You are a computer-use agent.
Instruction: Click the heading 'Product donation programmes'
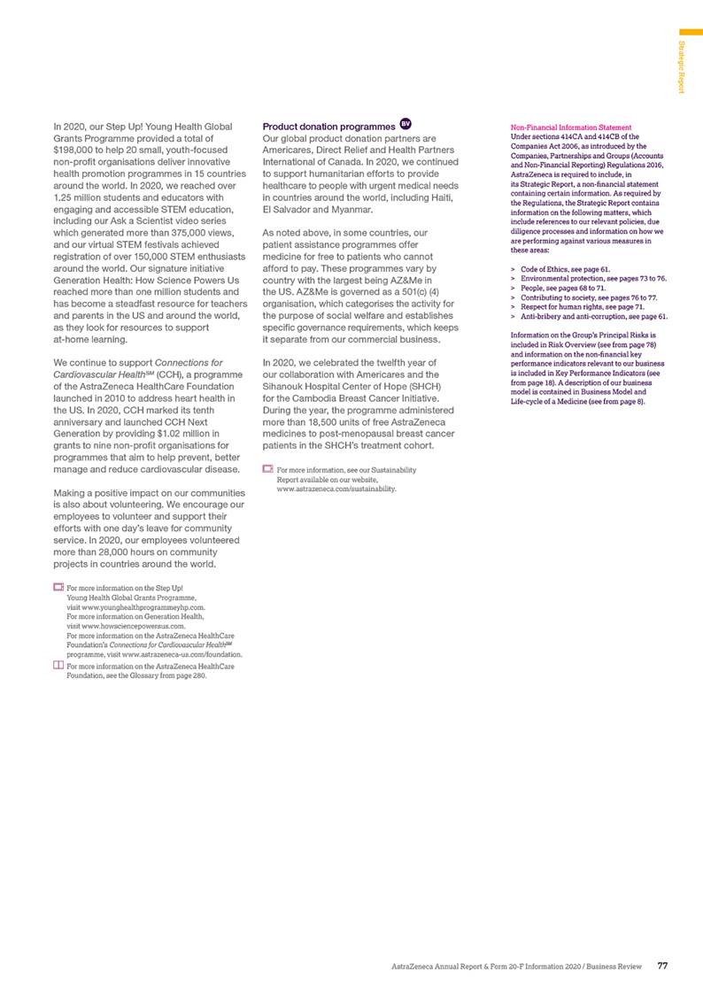(328, 126)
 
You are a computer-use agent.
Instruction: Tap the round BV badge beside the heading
(406, 124)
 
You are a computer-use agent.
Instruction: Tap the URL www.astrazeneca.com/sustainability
(336, 488)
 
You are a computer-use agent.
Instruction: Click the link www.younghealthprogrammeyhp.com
(145, 608)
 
